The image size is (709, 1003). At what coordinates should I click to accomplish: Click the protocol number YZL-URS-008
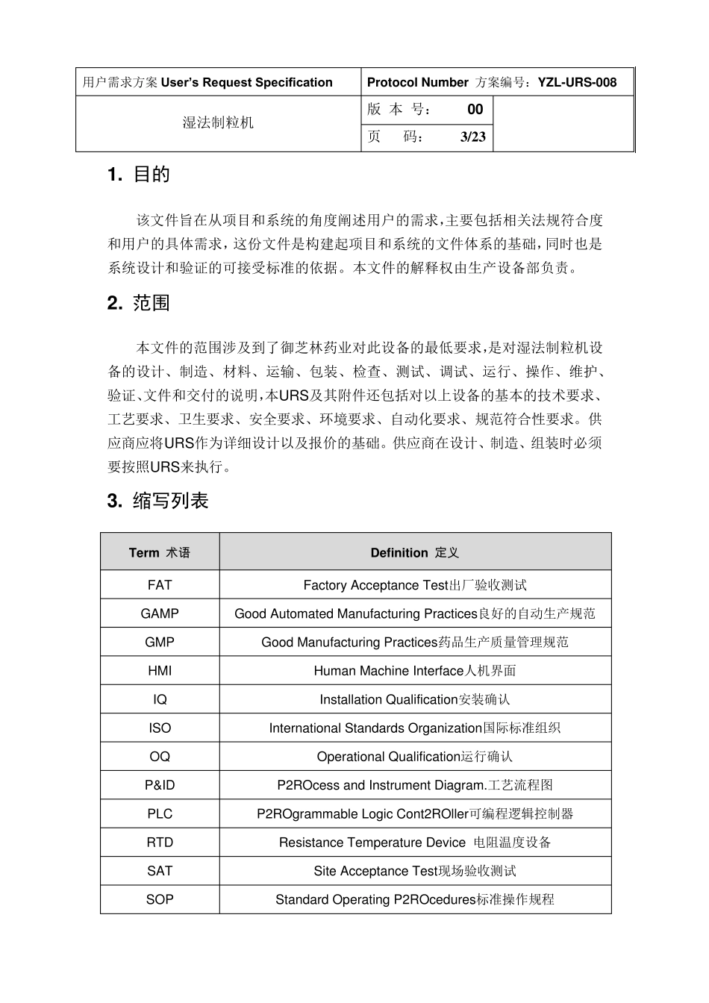[x=577, y=83]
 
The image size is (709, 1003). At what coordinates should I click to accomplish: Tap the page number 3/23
[x=473, y=137]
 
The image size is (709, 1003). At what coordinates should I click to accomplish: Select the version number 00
[x=475, y=110]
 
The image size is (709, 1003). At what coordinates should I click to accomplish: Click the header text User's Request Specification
[x=246, y=83]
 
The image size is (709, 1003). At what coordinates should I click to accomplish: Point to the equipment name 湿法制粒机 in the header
[x=218, y=122]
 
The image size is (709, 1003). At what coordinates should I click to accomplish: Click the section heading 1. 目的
[x=139, y=175]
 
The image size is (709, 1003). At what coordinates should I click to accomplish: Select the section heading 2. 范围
[x=139, y=303]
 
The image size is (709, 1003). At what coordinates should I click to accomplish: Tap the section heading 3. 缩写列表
[x=157, y=501]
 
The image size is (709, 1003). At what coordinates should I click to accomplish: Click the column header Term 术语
[x=160, y=553]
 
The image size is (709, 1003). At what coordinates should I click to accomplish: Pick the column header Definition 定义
[x=415, y=553]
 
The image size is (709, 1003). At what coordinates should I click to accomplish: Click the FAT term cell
[x=160, y=585]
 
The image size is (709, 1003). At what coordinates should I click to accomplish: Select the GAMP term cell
[x=160, y=613]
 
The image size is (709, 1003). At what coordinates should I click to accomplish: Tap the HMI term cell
[x=160, y=671]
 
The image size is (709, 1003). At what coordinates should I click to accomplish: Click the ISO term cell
[x=160, y=728]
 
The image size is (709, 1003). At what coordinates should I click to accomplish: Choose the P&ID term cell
[x=160, y=785]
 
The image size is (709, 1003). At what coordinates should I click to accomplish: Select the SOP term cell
[x=160, y=900]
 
